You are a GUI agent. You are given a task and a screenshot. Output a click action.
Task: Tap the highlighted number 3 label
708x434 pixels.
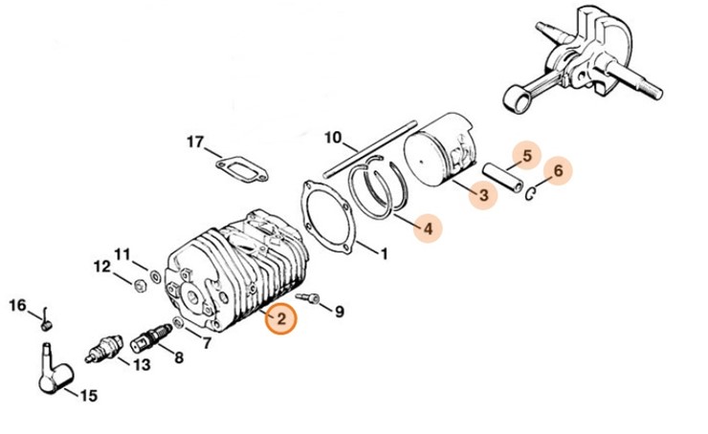pyautogui.click(x=484, y=195)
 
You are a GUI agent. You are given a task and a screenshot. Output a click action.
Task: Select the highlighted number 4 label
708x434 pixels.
pyautogui.click(x=428, y=229)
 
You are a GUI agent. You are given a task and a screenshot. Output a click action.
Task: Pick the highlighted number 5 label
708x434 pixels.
pyautogui.click(x=524, y=153)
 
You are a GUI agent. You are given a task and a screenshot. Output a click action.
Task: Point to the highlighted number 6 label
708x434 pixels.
pyautogui.click(x=561, y=172)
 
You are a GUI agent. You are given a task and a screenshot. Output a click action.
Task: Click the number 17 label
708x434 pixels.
pyautogui.click(x=194, y=143)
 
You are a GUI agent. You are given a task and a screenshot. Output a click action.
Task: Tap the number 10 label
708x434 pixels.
pyautogui.click(x=333, y=137)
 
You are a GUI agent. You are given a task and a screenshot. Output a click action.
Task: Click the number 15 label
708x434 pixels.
pyautogui.click(x=88, y=395)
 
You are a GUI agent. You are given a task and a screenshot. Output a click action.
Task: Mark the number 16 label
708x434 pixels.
pyautogui.click(x=18, y=305)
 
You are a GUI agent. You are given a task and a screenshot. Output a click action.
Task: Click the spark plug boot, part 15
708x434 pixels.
pyautogui.click(x=52, y=371)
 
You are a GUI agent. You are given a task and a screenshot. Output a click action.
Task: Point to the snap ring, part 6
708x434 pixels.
pyautogui.click(x=532, y=195)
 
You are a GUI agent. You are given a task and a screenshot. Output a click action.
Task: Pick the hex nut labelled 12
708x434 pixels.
pyautogui.click(x=139, y=283)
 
